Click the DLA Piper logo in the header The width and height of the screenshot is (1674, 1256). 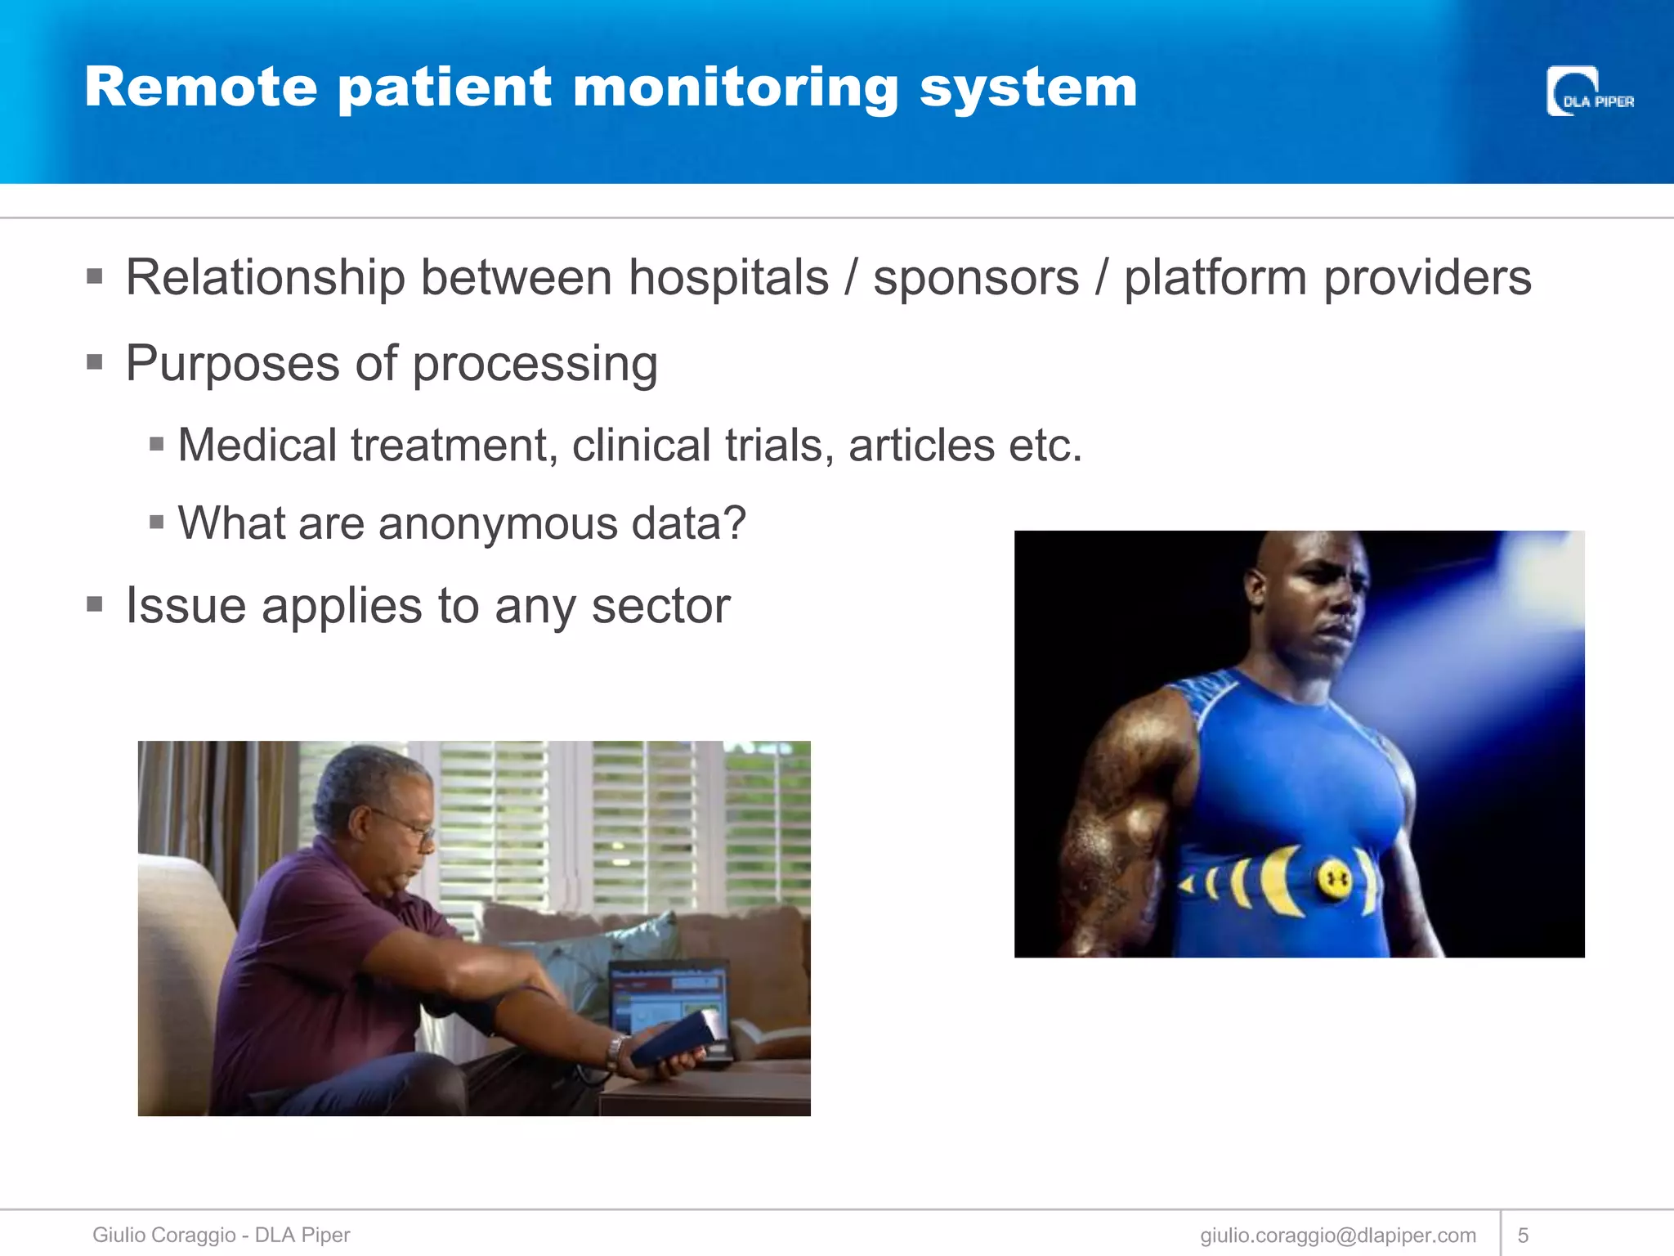[x=1589, y=92]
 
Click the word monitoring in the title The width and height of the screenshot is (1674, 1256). [x=736, y=88]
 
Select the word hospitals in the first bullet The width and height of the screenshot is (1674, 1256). [x=728, y=278]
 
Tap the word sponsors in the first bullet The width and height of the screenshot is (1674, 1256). [x=976, y=278]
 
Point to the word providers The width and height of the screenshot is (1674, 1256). [x=1427, y=278]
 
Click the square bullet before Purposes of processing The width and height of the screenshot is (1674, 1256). [x=95, y=361]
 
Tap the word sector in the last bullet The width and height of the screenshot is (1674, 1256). [x=660, y=607]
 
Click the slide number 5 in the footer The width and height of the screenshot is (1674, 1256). [x=1523, y=1235]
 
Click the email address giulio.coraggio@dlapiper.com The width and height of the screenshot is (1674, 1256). [x=1338, y=1235]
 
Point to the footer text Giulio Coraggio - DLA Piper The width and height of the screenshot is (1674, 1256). [x=221, y=1235]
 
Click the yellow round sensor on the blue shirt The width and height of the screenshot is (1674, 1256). [x=1333, y=880]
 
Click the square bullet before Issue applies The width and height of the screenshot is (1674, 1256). [x=95, y=605]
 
